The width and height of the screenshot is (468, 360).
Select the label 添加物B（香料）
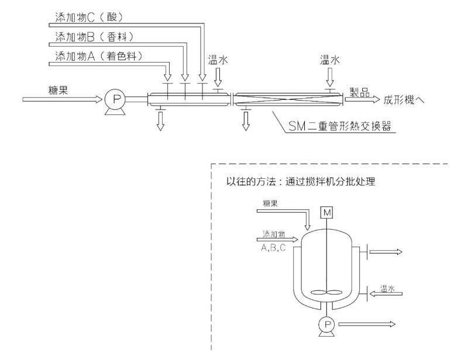point(94,36)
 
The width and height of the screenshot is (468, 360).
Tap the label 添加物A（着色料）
point(98,56)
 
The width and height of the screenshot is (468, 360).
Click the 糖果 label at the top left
point(60,89)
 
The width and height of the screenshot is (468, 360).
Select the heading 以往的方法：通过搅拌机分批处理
point(304,182)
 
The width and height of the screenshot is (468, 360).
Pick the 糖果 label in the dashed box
point(270,203)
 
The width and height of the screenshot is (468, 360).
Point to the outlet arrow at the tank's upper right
point(384,252)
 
